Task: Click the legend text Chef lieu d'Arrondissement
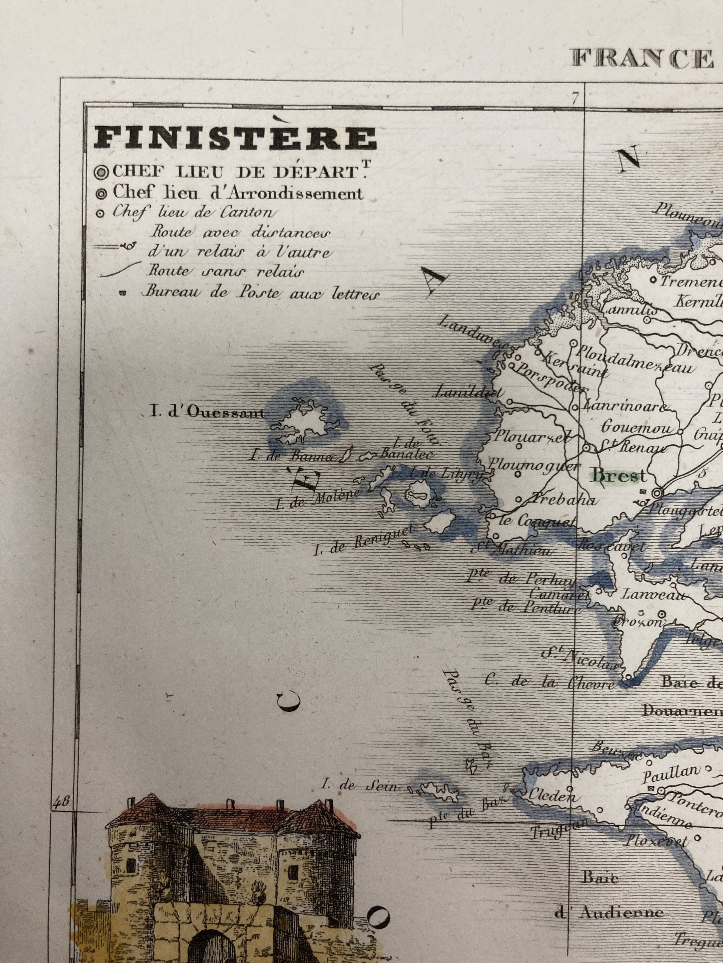pyautogui.click(x=238, y=193)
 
